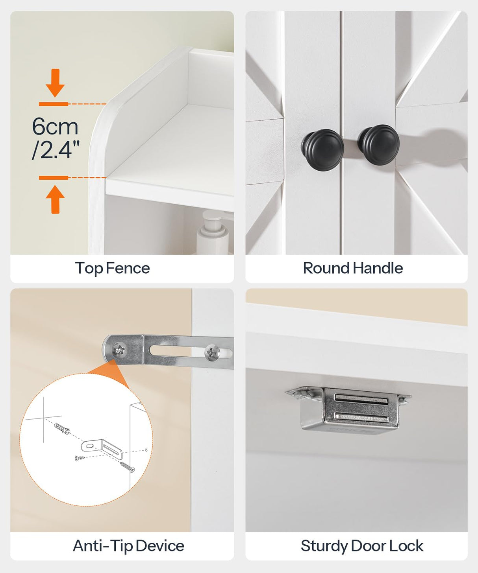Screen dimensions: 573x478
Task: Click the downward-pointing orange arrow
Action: coord(55,83)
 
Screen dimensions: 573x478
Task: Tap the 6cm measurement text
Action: coord(55,127)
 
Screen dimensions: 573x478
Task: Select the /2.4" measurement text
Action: coord(56,150)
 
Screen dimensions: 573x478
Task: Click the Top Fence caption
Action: coord(112,269)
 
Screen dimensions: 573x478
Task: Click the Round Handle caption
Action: coord(353,269)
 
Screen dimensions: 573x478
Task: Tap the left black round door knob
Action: coord(322,150)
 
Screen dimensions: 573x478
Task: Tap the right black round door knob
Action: coord(379,145)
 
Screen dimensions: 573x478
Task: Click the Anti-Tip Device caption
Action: coord(128,546)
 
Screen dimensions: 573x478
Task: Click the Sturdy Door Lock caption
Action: coord(362,546)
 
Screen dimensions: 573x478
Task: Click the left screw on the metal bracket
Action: coord(119,349)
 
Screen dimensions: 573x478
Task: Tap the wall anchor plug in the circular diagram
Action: coord(62,428)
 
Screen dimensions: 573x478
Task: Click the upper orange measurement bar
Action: coord(54,104)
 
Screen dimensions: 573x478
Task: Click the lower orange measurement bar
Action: coord(54,178)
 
